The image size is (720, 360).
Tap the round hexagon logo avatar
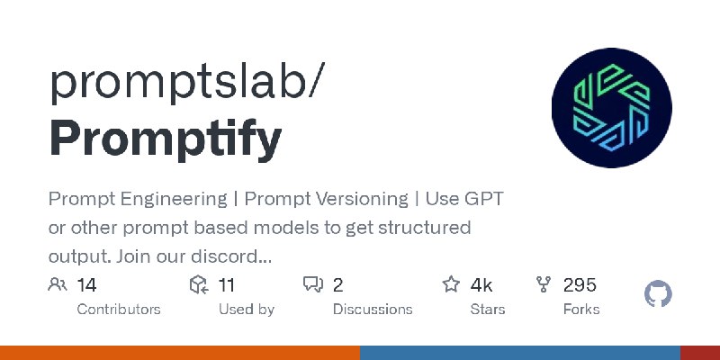(612, 107)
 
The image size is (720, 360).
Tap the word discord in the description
(231, 256)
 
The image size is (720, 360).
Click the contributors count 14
(86, 285)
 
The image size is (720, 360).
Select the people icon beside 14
(58, 284)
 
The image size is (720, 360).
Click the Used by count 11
(226, 285)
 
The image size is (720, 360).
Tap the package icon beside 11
(199, 284)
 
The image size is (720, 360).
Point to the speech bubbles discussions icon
(313, 284)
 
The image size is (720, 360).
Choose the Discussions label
(373, 309)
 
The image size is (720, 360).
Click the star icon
(451, 284)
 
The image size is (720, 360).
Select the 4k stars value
(481, 285)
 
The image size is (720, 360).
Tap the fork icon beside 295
(544, 284)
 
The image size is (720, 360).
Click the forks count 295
(580, 285)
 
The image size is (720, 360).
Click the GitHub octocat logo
(658, 294)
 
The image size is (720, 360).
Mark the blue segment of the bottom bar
(520, 353)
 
